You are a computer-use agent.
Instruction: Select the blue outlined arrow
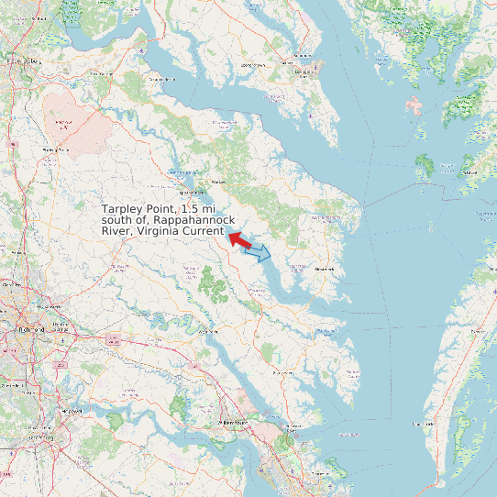pyautogui.click(x=260, y=251)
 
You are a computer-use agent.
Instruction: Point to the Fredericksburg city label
pyautogui.click(x=23, y=61)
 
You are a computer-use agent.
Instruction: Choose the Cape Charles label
pyautogui.click(x=425, y=424)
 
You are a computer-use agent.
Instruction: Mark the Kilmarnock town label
pyautogui.click(x=326, y=269)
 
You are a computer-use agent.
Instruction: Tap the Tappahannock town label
pyautogui.click(x=194, y=193)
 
